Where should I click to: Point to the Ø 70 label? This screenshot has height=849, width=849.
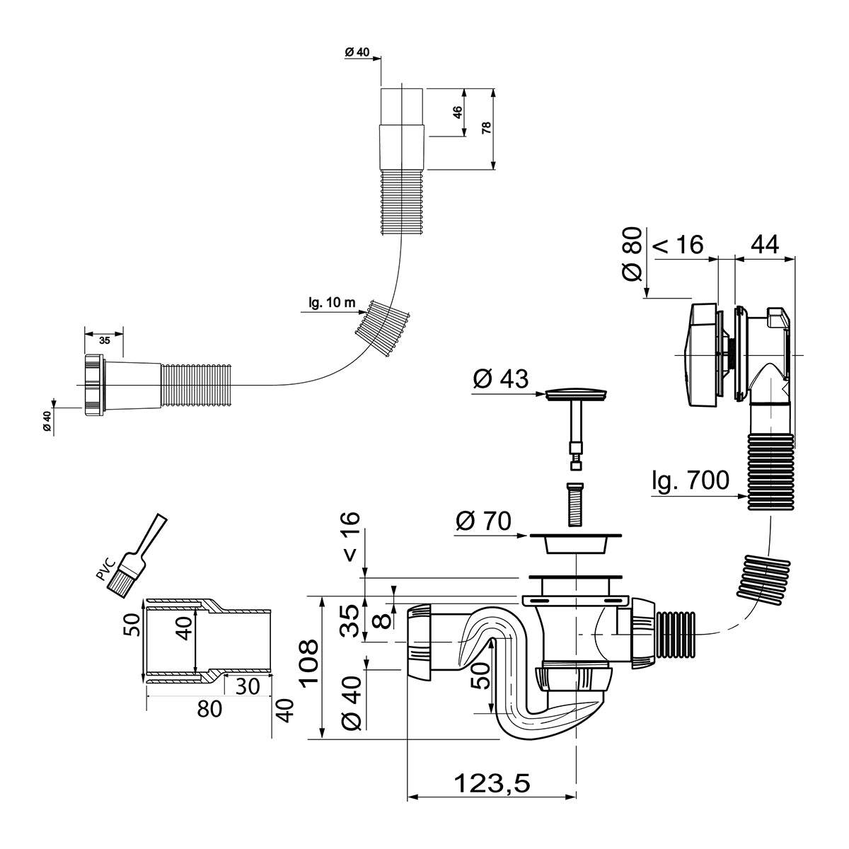(x=484, y=521)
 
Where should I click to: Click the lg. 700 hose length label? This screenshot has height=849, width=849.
(x=690, y=481)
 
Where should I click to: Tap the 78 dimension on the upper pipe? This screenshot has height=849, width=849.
(x=486, y=128)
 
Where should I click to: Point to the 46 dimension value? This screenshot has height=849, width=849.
(x=457, y=112)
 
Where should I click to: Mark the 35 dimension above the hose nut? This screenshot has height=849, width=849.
(x=104, y=340)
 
